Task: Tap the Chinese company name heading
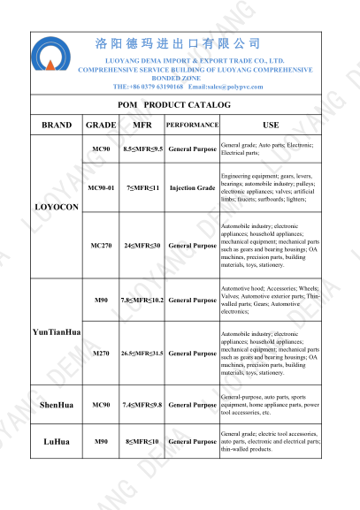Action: tap(177, 43)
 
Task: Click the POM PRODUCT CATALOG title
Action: tap(180, 105)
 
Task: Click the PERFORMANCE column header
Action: tap(192, 125)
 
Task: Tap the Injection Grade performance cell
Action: tap(192, 188)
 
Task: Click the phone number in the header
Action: tap(148, 87)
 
